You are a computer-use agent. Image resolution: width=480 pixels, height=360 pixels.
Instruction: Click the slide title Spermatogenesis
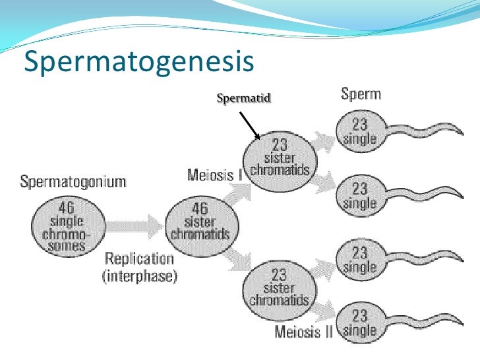click(138, 63)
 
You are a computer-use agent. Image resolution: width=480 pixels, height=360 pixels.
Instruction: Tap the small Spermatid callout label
click(243, 98)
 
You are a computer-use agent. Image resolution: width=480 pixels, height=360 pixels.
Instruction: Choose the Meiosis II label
click(304, 332)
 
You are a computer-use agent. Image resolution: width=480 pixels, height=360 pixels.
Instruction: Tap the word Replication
click(138, 258)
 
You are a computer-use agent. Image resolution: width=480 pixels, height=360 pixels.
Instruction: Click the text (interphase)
click(139, 275)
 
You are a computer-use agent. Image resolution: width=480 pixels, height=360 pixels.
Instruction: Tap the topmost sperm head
click(359, 131)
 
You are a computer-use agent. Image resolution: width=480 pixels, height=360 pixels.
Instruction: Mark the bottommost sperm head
click(359, 323)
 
